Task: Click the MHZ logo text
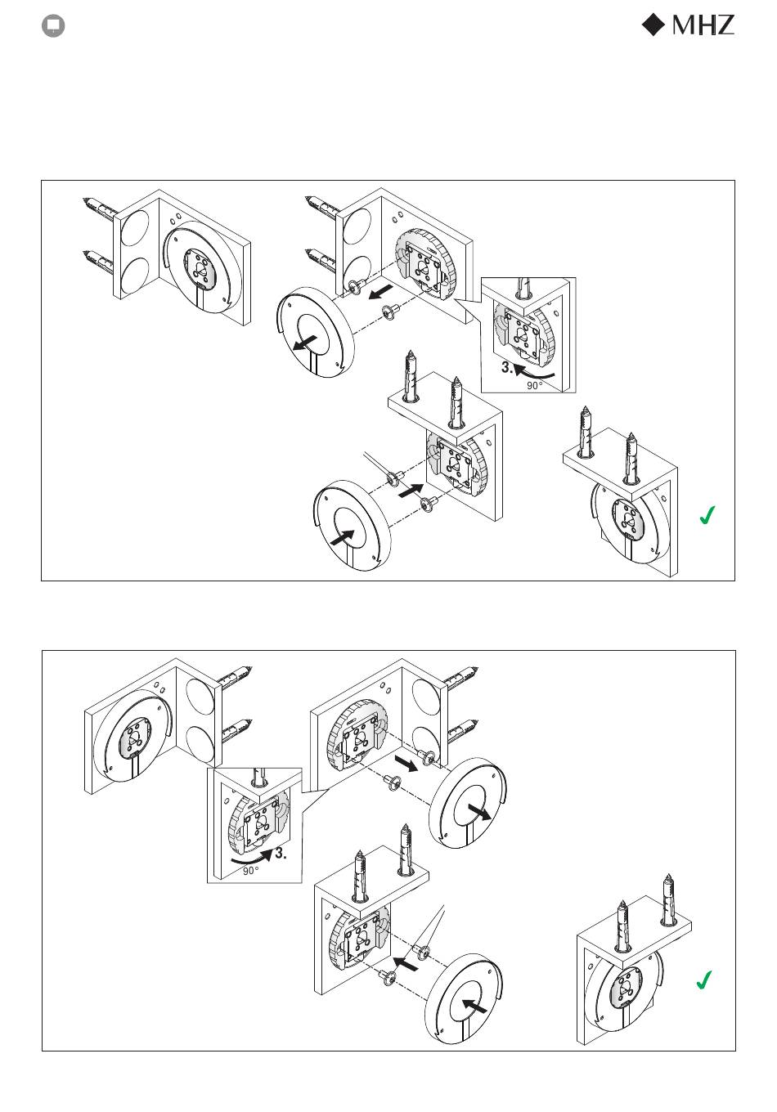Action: (703, 25)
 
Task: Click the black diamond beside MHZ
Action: (653, 25)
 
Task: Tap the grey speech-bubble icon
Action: (53, 26)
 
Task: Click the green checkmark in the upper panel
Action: (707, 515)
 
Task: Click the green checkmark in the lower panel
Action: (704, 980)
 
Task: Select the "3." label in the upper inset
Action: (506, 368)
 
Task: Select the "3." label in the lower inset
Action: (281, 854)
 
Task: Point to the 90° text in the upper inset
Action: (534, 385)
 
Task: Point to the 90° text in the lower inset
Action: (251, 871)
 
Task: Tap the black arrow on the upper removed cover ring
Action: (304, 343)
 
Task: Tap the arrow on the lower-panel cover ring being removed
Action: (479, 812)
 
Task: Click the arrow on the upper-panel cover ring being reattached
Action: (342, 538)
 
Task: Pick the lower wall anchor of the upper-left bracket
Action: (99, 260)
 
